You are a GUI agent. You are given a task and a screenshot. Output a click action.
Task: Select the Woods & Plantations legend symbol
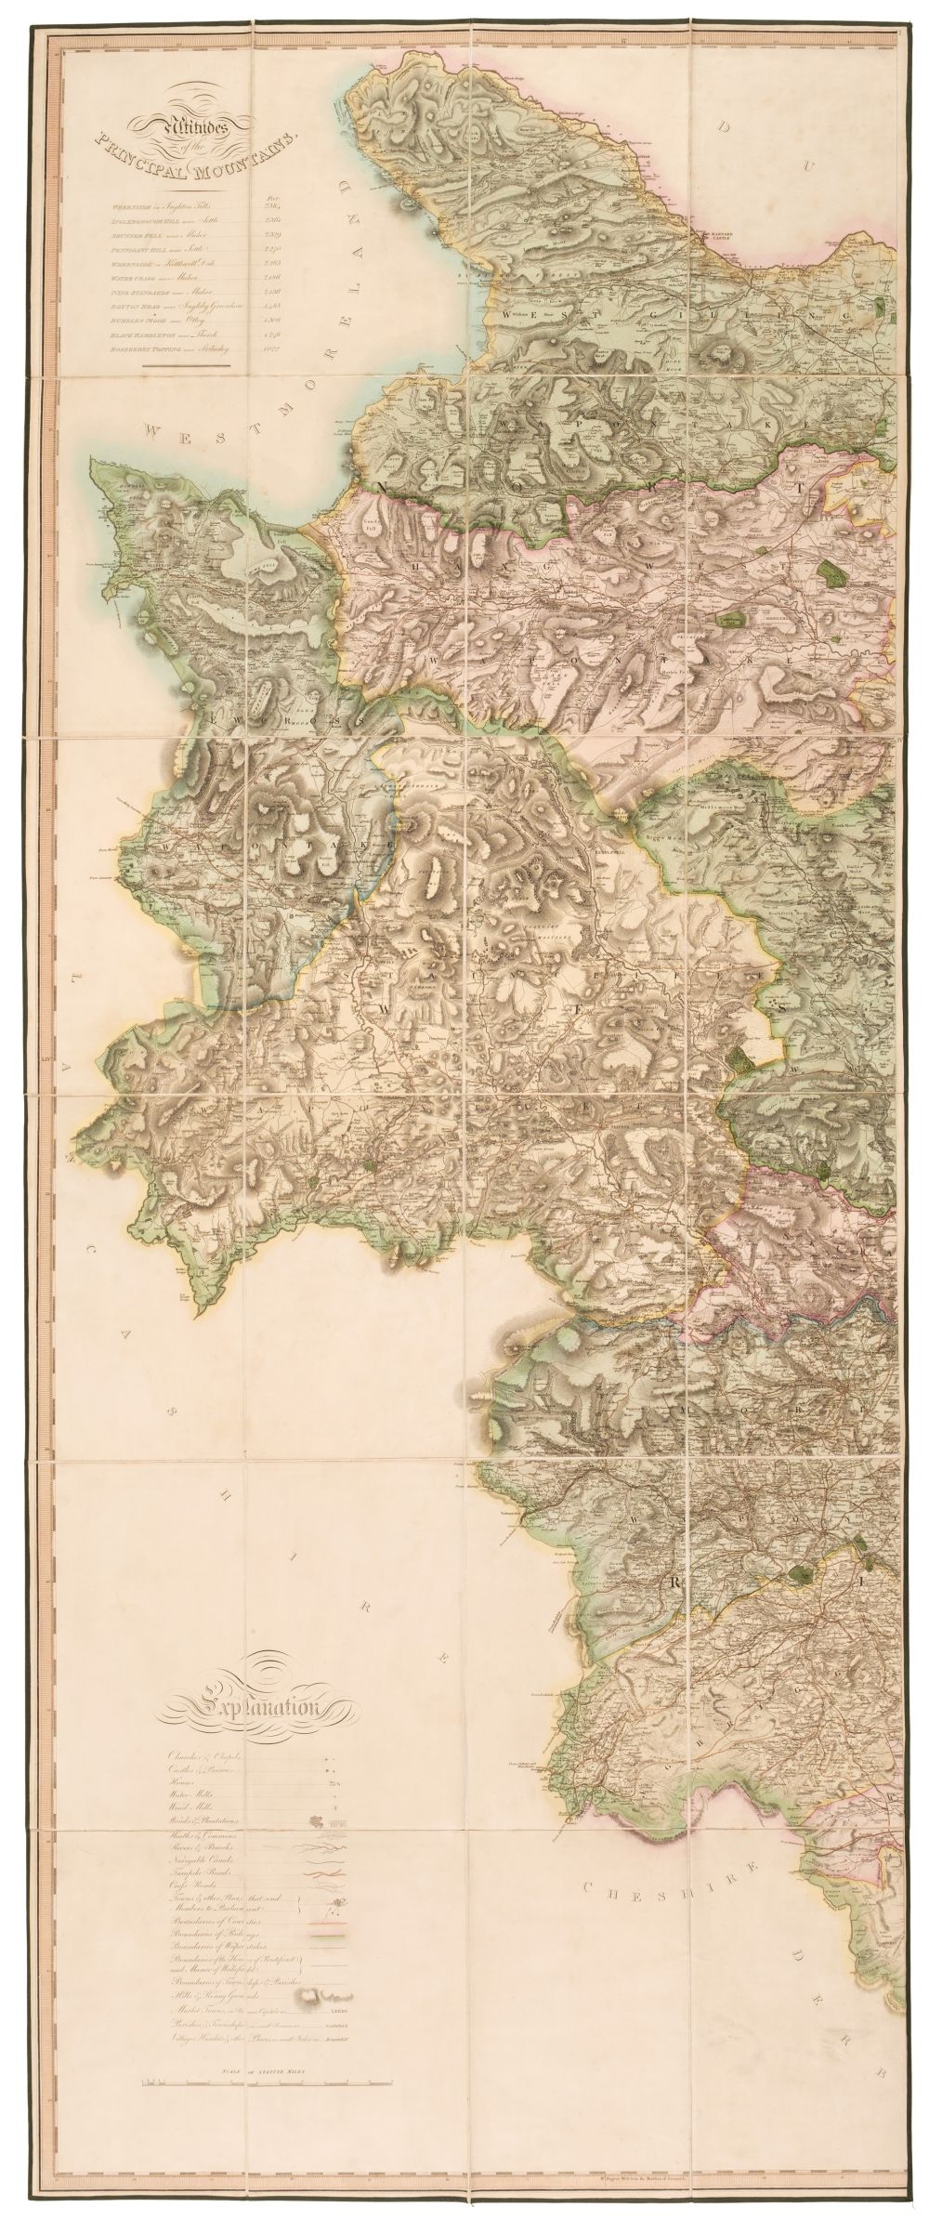316,1821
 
